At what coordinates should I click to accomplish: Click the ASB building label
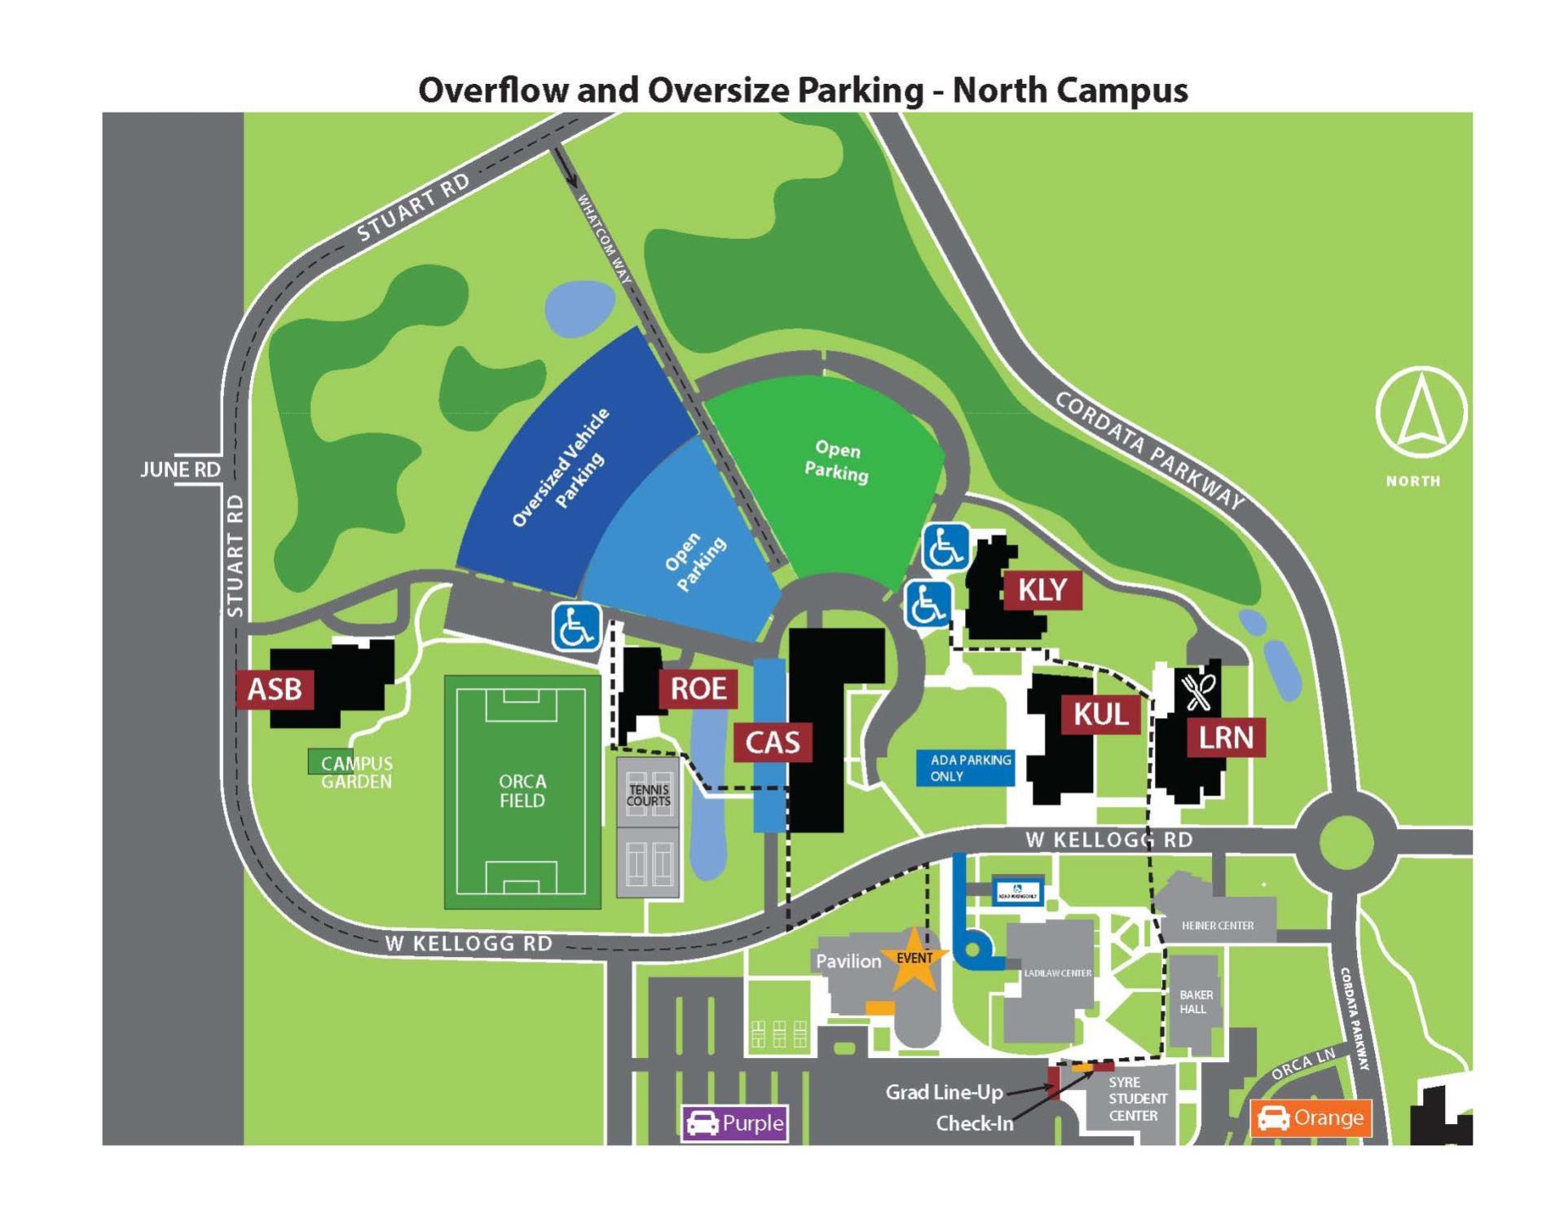(x=275, y=690)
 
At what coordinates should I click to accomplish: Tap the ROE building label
(x=698, y=689)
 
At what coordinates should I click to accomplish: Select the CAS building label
(x=772, y=743)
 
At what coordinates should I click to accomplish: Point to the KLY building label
(x=1042, y=589)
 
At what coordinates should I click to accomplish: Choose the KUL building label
(x=1100, y=715)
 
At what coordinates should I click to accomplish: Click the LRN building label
(x=1225, y=738)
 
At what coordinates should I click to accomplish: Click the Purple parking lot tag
(x=734, y=1123)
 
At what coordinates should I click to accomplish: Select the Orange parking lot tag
(x=1311, y=1118)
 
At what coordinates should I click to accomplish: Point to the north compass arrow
(x=1421, y=411)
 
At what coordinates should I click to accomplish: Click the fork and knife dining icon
(x=1198, y=691)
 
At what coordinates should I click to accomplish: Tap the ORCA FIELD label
(x=522, y=791)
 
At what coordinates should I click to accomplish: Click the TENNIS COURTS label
(x=648, y=795)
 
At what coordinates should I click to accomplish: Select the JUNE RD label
(x=180, y=470)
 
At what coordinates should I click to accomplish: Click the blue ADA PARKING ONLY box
(x=966, y=768)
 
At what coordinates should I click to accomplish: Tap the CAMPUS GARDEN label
(x=356, y=772)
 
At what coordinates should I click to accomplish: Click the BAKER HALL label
(x=1196, y=1002)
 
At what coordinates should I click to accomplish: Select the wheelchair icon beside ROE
(x=577, y=627)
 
